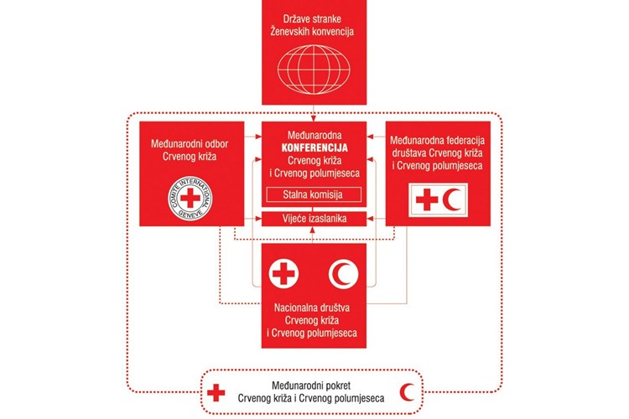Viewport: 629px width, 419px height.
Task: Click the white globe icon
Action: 314,70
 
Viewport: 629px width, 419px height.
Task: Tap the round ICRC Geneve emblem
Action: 190,198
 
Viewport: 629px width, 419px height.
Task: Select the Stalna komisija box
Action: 314,195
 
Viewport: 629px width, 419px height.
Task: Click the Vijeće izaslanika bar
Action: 314,219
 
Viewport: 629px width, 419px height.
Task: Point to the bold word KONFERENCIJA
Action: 314,147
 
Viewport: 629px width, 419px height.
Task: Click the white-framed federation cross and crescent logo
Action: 438,200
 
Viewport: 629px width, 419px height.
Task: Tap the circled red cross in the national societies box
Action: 283,273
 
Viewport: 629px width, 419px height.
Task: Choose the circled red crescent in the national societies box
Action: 343,274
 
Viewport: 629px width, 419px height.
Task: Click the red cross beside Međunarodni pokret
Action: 216,392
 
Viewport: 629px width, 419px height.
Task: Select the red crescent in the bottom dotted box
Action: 406,392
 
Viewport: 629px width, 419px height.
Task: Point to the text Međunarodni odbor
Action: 190,143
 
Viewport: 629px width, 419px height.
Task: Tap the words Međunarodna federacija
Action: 437,140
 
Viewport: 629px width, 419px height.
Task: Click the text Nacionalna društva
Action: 312,308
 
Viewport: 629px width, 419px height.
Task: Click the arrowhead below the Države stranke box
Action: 314,118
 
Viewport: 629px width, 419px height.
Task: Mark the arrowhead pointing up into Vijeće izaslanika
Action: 314,230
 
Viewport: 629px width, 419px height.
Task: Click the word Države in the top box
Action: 296,18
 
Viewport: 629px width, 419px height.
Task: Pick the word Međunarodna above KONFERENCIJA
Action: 314,135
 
